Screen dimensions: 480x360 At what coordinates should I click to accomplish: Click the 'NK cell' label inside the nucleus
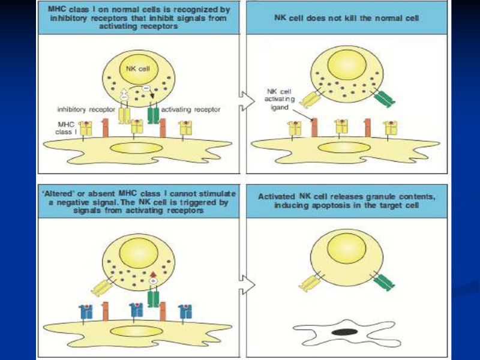point(133,69)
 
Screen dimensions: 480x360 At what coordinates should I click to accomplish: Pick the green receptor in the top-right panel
point(383,98)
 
